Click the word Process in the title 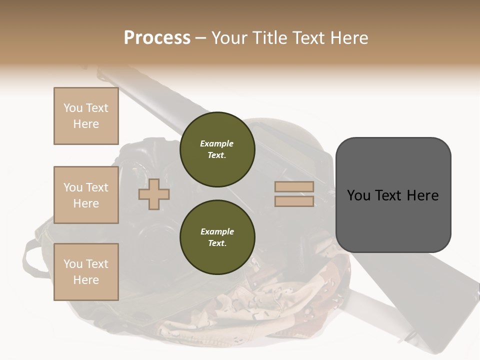pyautogui.click(x=157, y=38)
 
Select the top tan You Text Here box pyautogui.click(x=86, y=116)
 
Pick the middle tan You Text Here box pyautogui.click(x=86, y=195)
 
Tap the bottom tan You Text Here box pyautogui.click(x=86, y=271)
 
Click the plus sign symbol pyautogui.click(x=154, y=194)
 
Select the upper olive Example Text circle pyautogui.click(x=217, y=149)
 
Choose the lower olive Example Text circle pyautogui.click(x=217, y=237)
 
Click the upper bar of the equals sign pyautogui.click(x=294, y=187)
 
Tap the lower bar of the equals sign pyautogui.click(x=294, y=201)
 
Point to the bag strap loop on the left pyautogui.click(x=31, y=257)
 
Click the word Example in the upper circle pyautogui.click(x=217, y=143)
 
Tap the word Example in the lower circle pyautogui.click(x=217, y=231)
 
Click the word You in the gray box pyautogui.click(x=358, y=195)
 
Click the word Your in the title pyautogui.click(x=230, y=38)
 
